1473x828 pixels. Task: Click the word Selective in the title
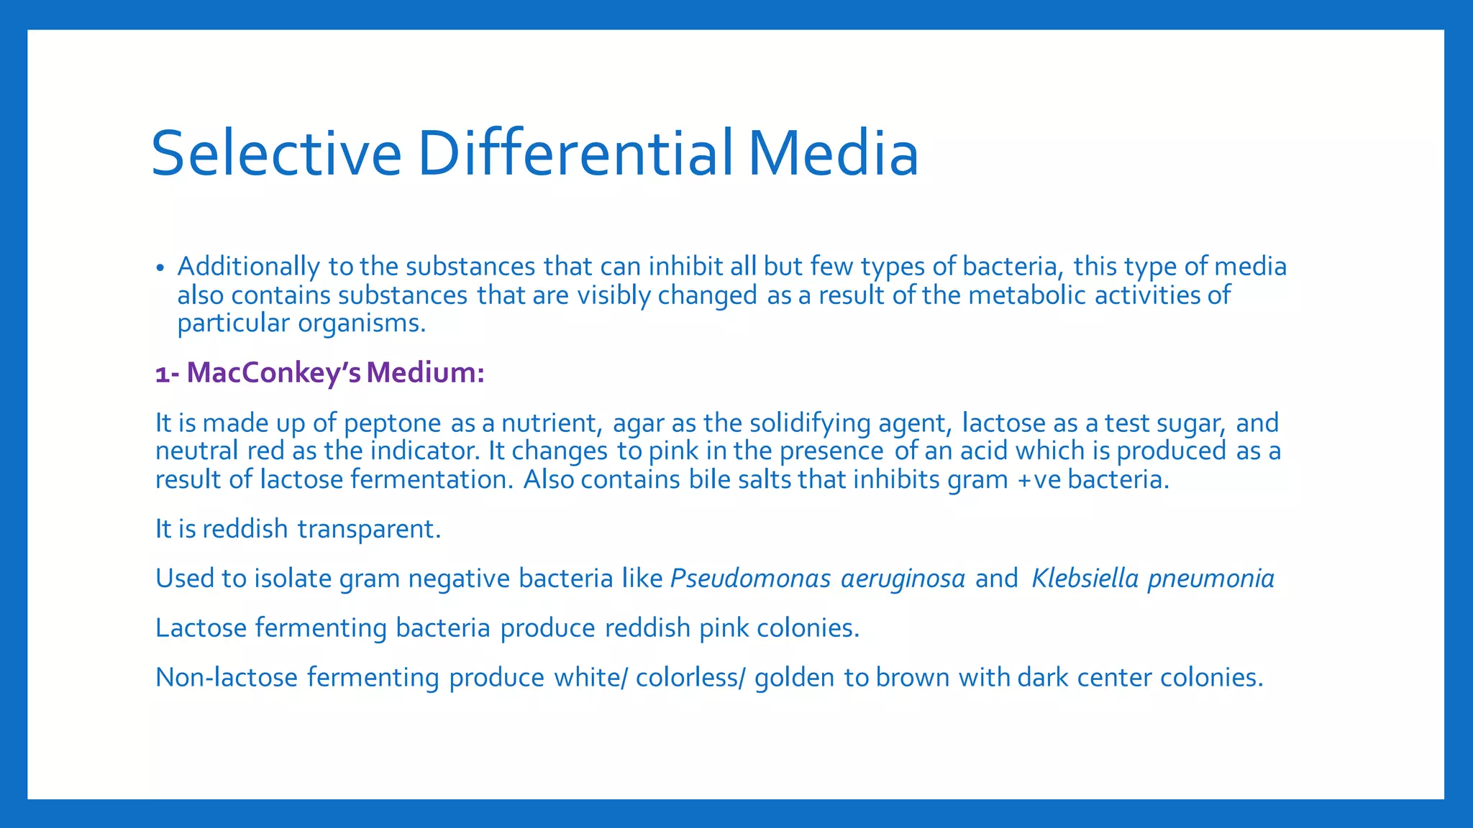[275, 154]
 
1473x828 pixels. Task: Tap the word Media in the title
[833, 154]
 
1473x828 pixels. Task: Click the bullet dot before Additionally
[160, 268]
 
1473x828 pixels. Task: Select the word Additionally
[248, 267]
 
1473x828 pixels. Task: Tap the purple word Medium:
[425, 373]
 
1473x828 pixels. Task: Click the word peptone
[392, 423]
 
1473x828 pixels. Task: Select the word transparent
[369, 530]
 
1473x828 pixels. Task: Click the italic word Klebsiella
[1085, 579]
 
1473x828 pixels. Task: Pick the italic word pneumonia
[1211, 579]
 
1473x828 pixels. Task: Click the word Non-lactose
[227, 678]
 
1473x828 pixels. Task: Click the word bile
[709, 480]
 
